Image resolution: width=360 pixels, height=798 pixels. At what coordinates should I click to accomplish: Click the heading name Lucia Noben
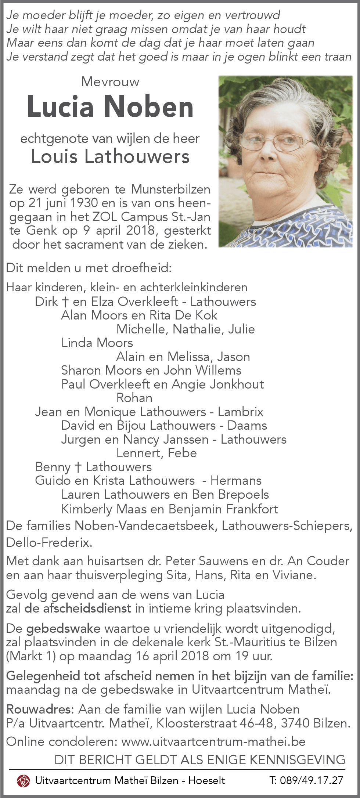click(110, 107)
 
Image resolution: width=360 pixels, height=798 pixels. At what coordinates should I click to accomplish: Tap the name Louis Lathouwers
click(110, 156)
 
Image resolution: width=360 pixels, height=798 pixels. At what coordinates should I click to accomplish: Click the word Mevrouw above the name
click(110, 82)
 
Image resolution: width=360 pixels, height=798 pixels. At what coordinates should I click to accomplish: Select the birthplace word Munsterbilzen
click(171, 189)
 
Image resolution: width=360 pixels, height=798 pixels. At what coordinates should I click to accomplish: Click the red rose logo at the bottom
click(23, 780)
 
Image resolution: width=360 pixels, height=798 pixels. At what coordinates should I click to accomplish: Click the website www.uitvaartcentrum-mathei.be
click(213, 741)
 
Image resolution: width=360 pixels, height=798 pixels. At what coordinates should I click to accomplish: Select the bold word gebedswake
click(63, 628)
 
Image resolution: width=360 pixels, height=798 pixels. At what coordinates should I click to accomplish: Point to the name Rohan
click(134, 398)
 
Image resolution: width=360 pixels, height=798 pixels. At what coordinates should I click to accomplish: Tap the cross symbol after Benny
click(78, 467)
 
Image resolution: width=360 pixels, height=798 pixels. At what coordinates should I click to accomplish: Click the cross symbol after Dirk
click(65, 302)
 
